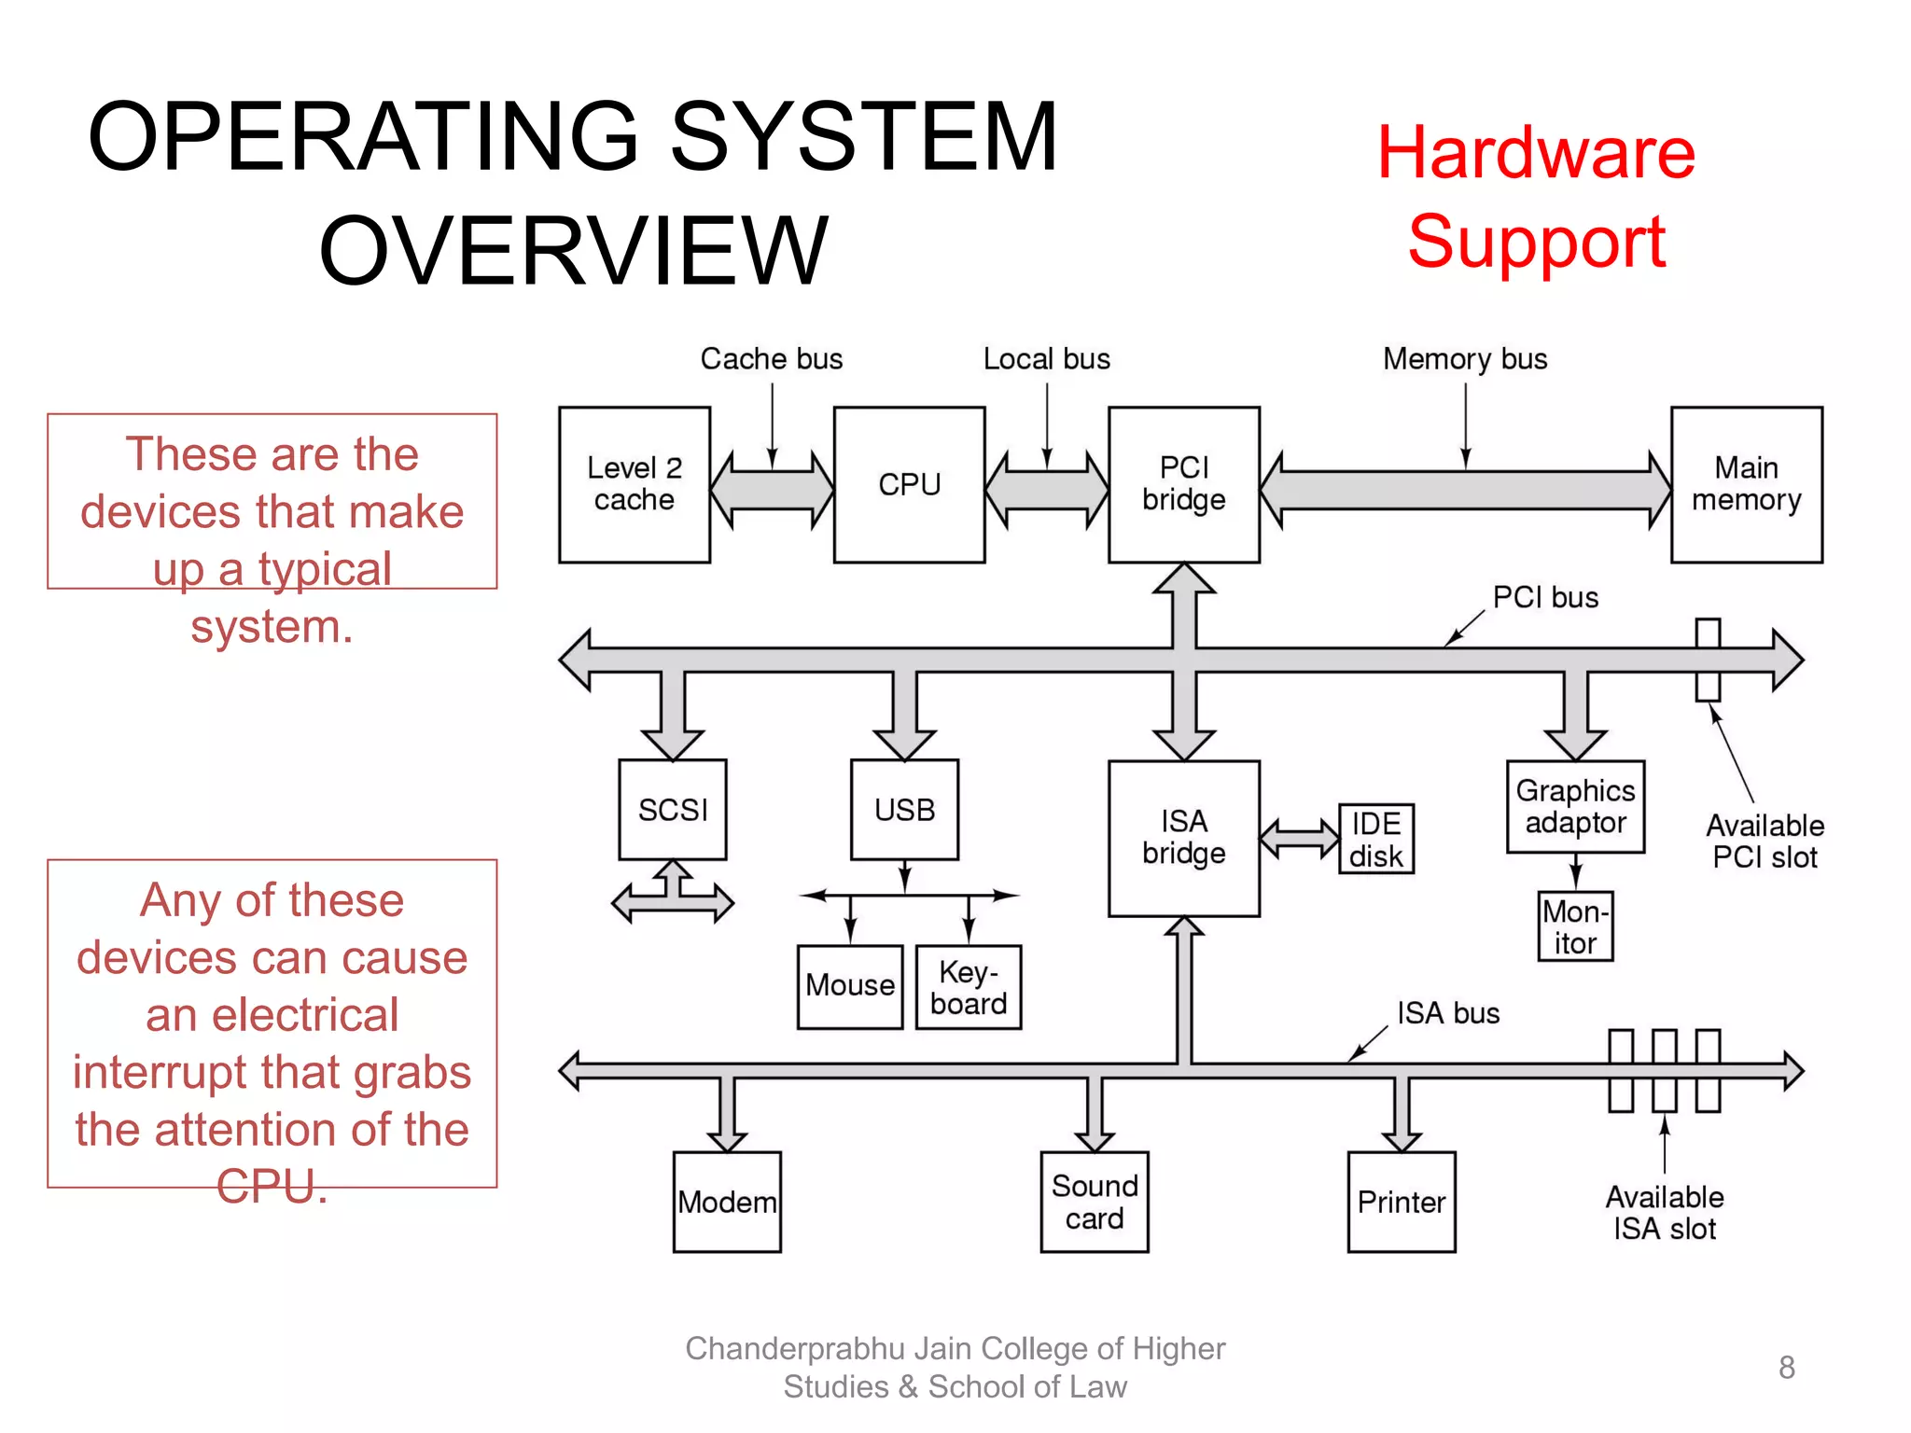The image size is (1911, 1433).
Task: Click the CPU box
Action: pos(909,484)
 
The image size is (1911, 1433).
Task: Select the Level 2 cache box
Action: pos(635,484)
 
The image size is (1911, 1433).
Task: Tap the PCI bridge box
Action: pos(1183,484)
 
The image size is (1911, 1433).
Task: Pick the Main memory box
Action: pos(1746,484)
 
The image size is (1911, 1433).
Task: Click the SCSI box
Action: pos(673,809)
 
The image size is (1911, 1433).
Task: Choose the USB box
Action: pos(904,809)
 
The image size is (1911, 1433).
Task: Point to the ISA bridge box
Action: pos(1183,838)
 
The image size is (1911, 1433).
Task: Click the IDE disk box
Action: pos(1376,839)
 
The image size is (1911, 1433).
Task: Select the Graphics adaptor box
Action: pos(1575,806)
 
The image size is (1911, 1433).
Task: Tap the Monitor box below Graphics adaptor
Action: pos(1575,926)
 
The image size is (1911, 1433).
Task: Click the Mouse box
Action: pos(850,986)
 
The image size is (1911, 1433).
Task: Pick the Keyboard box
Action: pos(969,987)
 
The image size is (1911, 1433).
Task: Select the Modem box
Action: pos(727,1202)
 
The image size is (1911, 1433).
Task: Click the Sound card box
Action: pos(1095,1202)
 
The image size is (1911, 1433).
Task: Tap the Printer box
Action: pos(1402,1202)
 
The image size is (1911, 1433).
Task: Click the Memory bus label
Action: pos(1465,359)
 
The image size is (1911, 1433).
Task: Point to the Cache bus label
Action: pos(772,359)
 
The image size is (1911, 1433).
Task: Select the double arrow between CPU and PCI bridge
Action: pos(1047,491)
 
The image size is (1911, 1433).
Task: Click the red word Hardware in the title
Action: pos(1536,153)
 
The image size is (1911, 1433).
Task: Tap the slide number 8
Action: pos(1786,1368)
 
